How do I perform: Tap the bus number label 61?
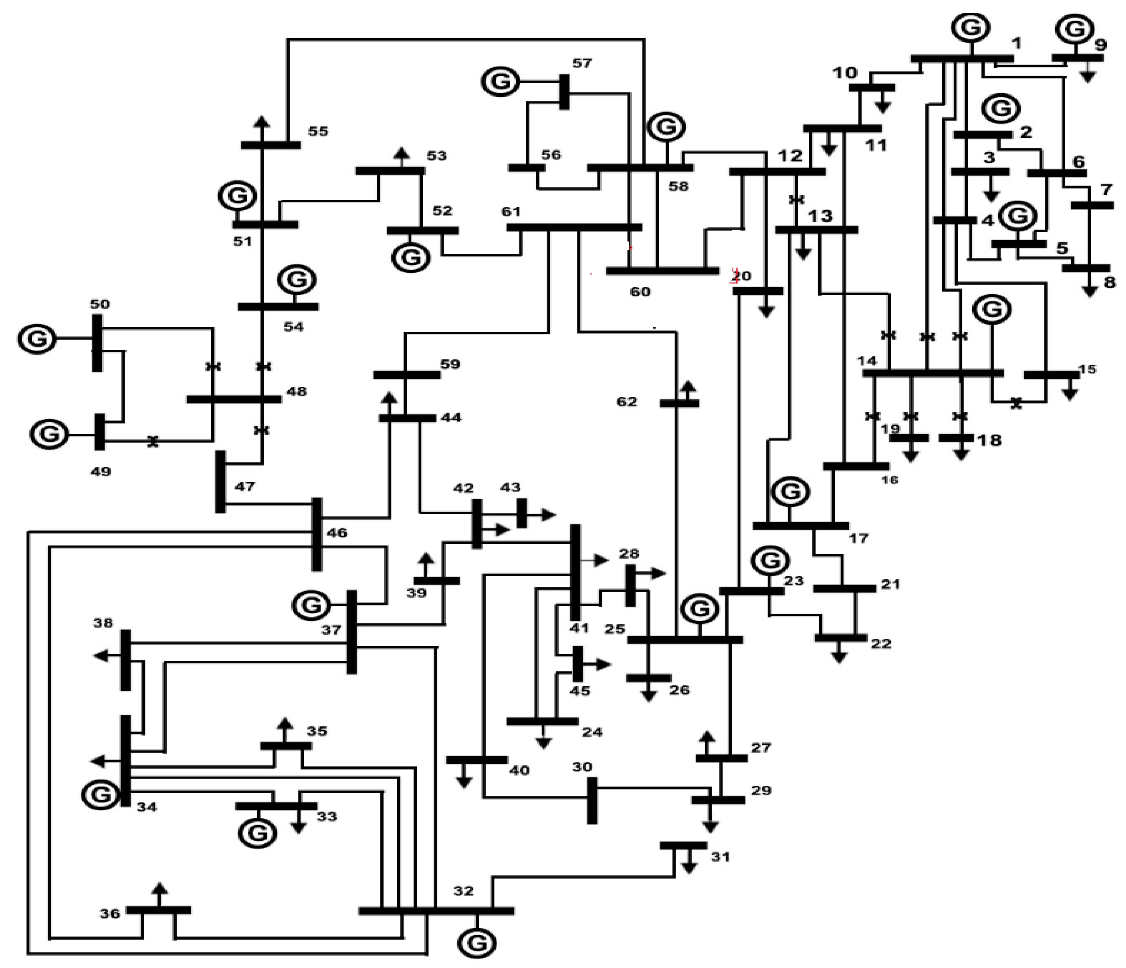point(511,211)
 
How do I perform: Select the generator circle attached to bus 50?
point(37,338)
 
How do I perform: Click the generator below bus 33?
point(257,833)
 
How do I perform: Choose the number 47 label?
point(245,486)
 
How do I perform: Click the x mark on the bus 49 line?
point(153,442)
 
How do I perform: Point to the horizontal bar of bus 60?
point(662,270)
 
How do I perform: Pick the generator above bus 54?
point(297,280)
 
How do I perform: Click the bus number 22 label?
point(881,644)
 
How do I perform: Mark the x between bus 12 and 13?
point(796,200)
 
